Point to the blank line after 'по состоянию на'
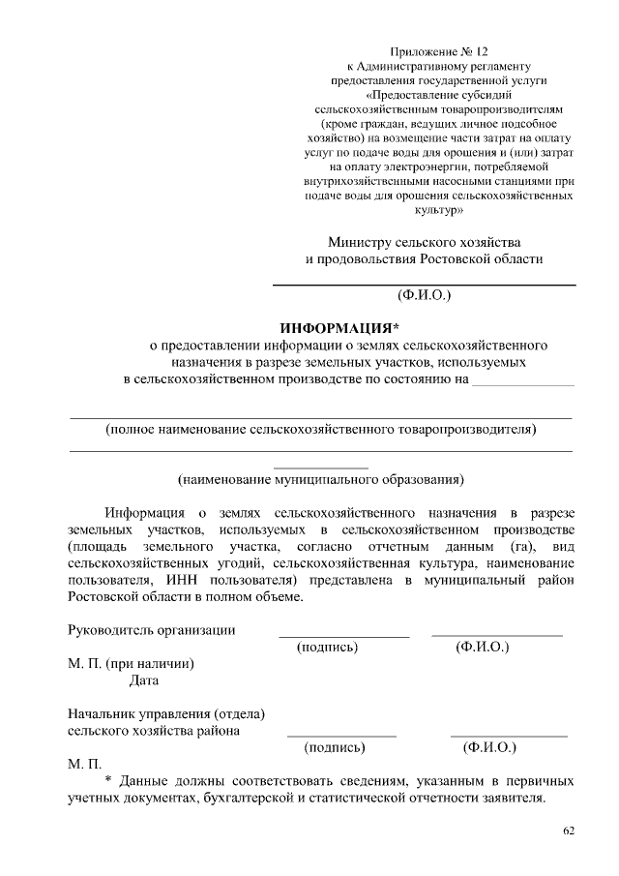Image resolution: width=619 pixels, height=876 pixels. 521,384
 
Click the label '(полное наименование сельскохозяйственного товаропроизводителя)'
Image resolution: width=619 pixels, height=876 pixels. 321,427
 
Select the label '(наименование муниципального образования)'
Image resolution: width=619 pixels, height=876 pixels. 320,478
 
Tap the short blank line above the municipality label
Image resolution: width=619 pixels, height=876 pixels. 321,468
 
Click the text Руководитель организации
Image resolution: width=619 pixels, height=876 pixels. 152,630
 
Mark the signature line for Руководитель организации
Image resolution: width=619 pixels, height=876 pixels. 344,636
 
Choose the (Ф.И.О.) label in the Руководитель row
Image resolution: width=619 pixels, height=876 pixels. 482,647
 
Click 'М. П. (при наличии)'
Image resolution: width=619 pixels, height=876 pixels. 132,664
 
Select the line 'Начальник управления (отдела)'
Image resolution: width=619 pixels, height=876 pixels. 166,713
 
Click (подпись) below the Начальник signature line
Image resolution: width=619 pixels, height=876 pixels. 335,747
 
